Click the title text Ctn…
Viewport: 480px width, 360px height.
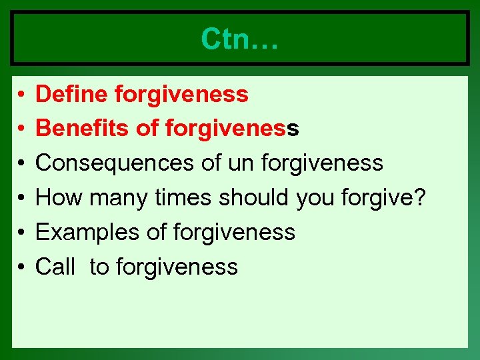239,39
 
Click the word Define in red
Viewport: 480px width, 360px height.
72,95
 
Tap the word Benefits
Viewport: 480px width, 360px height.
83,129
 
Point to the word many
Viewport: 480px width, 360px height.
118,199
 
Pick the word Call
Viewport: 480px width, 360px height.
55,267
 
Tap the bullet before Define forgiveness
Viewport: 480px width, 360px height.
22,95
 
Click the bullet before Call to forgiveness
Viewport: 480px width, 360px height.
22,267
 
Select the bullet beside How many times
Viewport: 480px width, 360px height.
22,199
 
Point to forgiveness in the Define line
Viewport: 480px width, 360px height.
181,95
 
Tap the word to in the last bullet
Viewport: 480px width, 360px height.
99,267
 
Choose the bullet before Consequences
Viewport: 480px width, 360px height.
22,164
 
